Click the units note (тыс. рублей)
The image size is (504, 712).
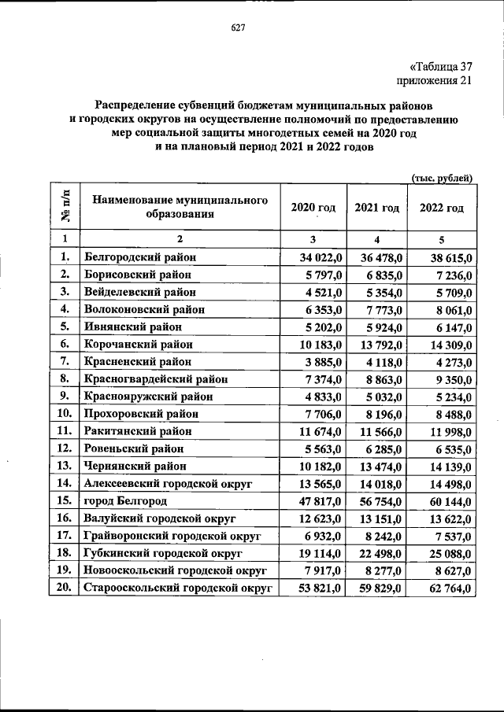point(442,178)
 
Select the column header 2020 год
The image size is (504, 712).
point(313,208)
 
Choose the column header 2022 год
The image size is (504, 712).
point(441,208)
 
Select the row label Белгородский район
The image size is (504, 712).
point(139,256)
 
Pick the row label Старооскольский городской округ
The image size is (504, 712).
point(177,588)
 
